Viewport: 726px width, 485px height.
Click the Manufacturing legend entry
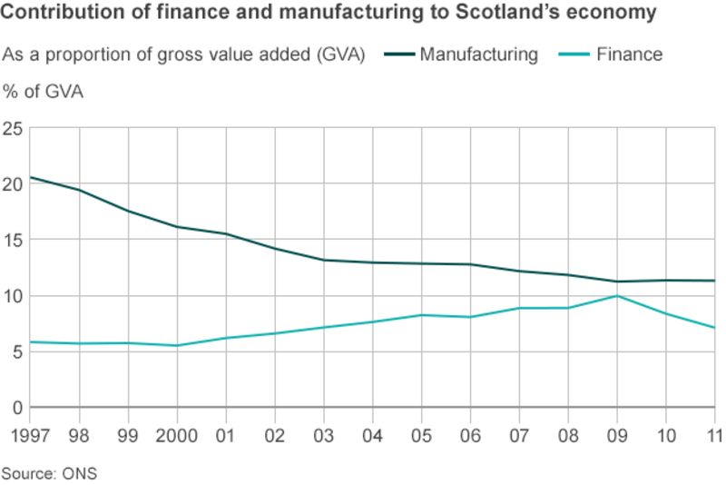pyautogui.click(x=478, y=54)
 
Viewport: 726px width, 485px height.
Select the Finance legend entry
pyautogui.click(x=629, y=54)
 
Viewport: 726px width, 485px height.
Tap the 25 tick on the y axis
pyautogui.click(x=12, y=128)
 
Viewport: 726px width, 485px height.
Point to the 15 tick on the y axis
pyautogui.click(x=12, y=240)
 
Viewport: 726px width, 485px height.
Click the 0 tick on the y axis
pyautogui.click(x=16, y=408)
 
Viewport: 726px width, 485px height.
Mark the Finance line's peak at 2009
pyautogui.click(x=617, y=295)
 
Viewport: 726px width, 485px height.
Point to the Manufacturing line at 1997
pyautogui.click(x=32, y=177)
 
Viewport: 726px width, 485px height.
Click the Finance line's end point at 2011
pyautogui.click(x=714, y=327)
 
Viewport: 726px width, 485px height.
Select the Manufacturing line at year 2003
pyautogui.click(x=324, y=260)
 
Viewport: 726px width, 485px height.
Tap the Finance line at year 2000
pyautogui.click(x=177, y=345)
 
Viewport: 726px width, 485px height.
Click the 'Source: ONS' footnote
pyautogui.click(x=49, y=473)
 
